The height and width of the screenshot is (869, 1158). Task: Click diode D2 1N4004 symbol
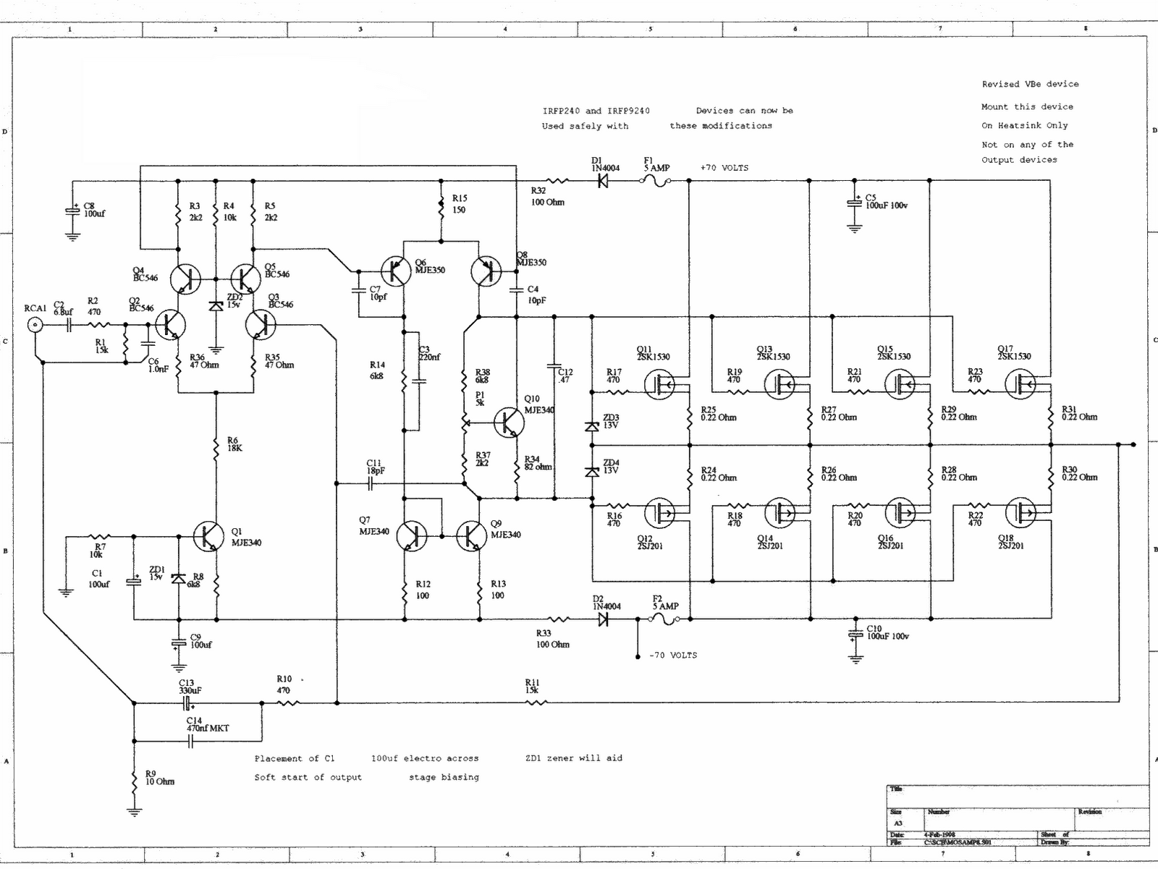pos(603,619)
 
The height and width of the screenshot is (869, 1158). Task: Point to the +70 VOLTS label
pos(724,168)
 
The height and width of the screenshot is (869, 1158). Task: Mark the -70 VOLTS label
pos(673,656)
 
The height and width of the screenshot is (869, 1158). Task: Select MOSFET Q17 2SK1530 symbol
pos(1020,384)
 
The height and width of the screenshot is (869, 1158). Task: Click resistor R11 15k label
pos(533,686)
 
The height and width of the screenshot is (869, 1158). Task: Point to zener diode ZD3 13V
pos(592,426)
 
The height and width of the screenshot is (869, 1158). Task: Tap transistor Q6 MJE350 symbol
pos(396,271)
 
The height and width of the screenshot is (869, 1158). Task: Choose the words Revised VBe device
pos(1030,85)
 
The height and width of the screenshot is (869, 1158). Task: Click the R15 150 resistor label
pos(459,204)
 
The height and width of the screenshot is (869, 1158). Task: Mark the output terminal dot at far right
pos(1133,444)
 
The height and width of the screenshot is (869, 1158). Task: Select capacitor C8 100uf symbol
pos(72,211)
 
